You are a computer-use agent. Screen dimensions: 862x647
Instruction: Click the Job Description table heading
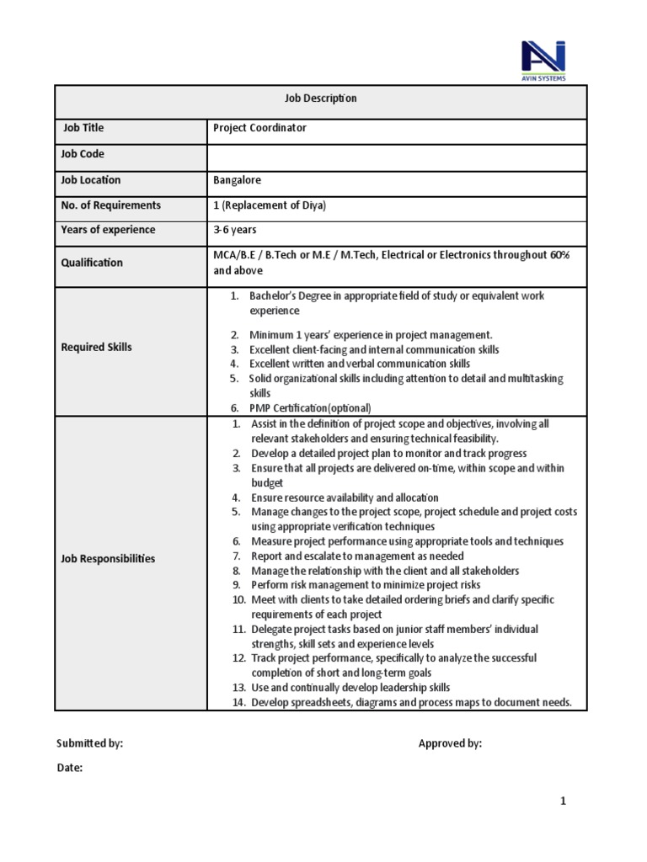[x=320, y=98]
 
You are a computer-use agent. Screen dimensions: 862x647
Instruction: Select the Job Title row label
[x=83, y=128]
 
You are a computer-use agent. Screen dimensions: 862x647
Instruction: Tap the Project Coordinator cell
[x=260, y=128]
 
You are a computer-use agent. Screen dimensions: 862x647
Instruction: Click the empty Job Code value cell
[x=396, y=155]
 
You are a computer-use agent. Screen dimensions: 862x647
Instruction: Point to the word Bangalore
[x=238, y=180]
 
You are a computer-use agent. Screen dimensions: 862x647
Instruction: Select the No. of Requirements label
[x=110, y=205]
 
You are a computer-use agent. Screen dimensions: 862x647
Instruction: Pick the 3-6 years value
[x=235, y=230]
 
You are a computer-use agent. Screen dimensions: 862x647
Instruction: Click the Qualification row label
[x=92, y=263]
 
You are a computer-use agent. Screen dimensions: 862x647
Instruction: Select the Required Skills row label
[x=96, y=347]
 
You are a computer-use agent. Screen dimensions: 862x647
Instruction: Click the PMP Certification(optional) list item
[x=310, y=407]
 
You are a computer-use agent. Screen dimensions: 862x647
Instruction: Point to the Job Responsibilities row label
[x=108, y=558]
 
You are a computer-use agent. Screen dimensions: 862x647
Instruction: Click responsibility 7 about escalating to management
[x=357, y=556]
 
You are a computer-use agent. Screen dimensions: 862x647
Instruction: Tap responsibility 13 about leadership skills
[x=350, y=688]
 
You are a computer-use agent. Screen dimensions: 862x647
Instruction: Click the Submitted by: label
[x=90, y=743]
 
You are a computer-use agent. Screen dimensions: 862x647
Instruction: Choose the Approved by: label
[x=451, y=743]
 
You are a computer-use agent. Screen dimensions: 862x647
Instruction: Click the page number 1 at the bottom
[x=564, y=801]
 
